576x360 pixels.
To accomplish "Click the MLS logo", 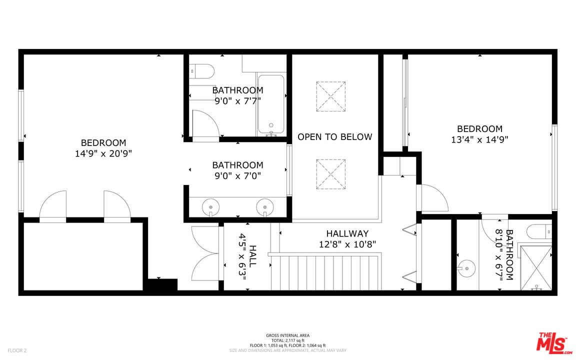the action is click(554, 342).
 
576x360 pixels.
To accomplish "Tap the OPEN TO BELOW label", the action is click(334, 136).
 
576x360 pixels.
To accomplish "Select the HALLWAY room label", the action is click(347, 233).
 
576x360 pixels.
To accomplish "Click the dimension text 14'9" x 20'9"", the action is click(103, 153).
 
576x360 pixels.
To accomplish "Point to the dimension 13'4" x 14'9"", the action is click(479, 139).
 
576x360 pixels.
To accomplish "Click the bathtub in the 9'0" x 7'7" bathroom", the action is click(271, 104).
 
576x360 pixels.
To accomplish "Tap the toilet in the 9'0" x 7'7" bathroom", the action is click(201, 71).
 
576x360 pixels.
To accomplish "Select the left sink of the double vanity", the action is click(210, 207).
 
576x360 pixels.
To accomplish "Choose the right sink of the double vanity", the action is click(265, 207).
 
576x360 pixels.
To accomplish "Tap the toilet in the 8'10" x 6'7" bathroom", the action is click(539, 231).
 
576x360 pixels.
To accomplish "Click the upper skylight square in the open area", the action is click(330, 96).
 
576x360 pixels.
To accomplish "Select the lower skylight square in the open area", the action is click(330, 174).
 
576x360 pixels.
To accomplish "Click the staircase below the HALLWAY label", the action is click(324, 272).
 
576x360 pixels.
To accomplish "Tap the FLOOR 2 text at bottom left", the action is click(17, 350).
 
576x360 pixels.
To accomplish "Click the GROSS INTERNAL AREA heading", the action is click(287, 335).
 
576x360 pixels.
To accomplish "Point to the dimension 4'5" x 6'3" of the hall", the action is click(242, 256).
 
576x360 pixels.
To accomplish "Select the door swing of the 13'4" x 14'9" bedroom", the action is click(432, 198).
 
